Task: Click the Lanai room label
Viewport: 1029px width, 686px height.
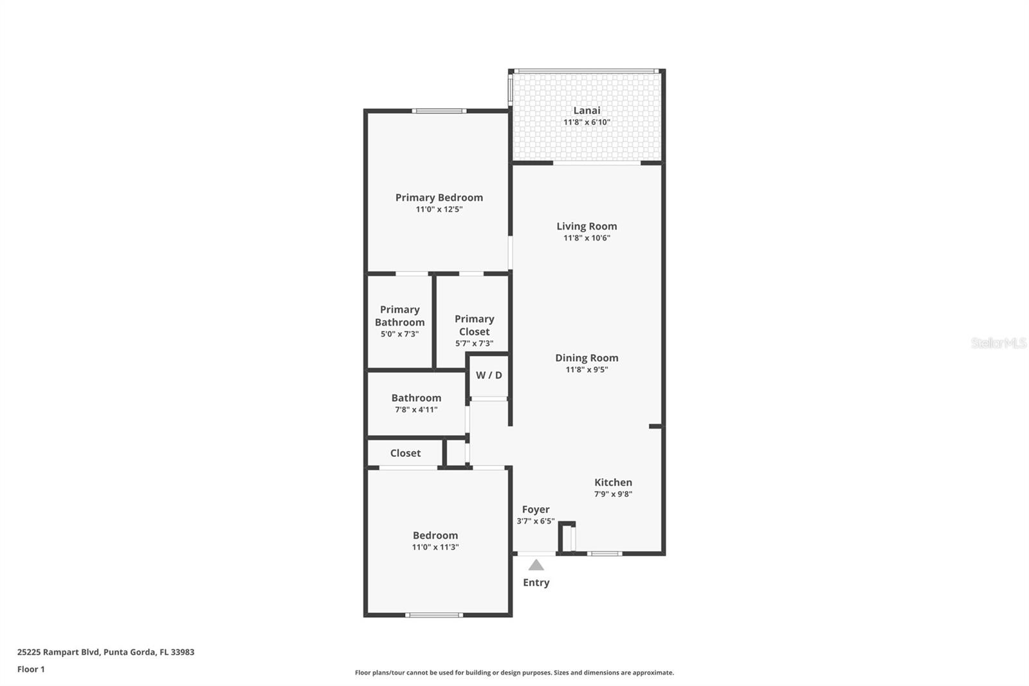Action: tap(587, 110)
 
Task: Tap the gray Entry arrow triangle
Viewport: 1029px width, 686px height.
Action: tap(536, 565)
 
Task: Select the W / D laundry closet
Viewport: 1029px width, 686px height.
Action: tap(489, 375)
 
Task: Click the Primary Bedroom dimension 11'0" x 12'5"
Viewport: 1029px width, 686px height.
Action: tap(439, 209)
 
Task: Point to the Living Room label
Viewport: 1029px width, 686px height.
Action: tap(587, 226)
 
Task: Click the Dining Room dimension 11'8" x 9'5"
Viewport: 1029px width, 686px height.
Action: tap(587, 369)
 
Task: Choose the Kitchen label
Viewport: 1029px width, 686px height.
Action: tap(613, 482)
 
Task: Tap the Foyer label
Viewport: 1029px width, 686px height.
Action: tap(535, 509)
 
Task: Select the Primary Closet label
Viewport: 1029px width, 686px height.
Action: tap(474, 325)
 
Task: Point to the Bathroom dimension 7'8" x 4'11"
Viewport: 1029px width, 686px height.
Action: tap(416, 409)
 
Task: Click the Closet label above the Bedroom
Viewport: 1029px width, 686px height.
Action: tap(405, 453)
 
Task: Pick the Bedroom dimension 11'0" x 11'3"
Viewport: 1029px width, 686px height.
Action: tap(435, 547)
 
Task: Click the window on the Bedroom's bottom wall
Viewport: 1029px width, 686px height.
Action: tap(434, 615)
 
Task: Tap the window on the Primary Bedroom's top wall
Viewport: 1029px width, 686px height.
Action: tap(439, 111)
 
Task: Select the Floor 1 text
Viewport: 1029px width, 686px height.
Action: tap(31, 669)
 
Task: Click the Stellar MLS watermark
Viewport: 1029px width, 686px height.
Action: tap(998, 343)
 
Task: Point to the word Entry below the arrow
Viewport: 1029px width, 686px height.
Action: tap(536, 582)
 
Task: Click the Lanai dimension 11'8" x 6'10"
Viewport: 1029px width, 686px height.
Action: tap(587, 122)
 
